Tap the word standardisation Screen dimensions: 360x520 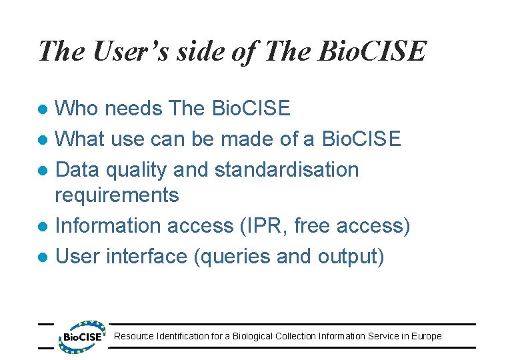(287, 169)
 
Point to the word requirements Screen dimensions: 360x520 (117, 195)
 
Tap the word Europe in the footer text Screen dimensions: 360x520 (426, 336)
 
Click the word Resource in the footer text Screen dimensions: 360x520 (134, 336)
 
